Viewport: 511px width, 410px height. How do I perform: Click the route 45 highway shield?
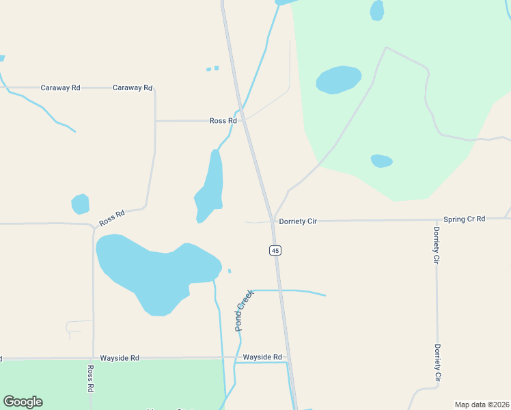(x=275, y=251)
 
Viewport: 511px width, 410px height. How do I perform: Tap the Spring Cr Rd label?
(x=464, y=219)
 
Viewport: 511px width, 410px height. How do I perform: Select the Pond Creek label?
(x=244, y=310)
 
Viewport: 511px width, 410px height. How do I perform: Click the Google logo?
(x=23, y=402)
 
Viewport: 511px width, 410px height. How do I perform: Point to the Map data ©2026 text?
(x=482, y=405)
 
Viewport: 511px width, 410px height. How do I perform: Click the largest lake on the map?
(x=154, y=270)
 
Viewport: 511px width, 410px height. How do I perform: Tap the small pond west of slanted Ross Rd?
(x=81, y=204)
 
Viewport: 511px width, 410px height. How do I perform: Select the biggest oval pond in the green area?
(x=338, y=79)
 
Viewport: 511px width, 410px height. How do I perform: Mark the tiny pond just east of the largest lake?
(x=230, y=271)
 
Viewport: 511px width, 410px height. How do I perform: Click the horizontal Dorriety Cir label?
(x=298, y=221)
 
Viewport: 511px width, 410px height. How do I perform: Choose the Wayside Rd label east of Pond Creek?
(x=262, y=357)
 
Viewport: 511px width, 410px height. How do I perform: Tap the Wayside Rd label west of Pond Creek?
(x=120, y=357)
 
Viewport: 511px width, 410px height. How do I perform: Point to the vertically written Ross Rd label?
(x=90, y=378)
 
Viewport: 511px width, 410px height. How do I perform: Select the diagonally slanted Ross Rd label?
(x=112, y=218)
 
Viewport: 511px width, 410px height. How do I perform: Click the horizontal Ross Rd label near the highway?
(x=223, y=121)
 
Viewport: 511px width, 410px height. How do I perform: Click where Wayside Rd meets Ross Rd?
(x=93, y=357)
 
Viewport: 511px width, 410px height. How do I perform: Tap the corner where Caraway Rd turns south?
(x=154, y=89)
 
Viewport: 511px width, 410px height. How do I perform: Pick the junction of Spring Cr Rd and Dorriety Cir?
(x=436, y=220)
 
